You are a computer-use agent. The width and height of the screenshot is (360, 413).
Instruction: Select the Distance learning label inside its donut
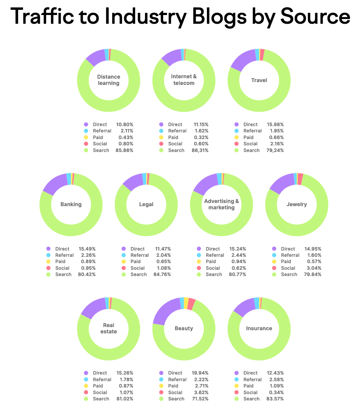[108, 80]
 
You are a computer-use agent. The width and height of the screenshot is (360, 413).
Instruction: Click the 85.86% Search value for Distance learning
[124, 150]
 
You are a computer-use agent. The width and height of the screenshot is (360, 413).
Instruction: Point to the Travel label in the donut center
[259, 80]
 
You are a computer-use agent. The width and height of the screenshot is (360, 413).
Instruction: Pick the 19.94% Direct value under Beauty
[200, 373]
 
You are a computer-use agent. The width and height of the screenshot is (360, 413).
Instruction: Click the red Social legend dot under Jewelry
[274, 268]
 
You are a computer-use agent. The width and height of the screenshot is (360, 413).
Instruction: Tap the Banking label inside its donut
[71, 204]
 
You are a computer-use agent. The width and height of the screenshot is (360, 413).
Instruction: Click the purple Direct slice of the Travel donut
[243, 59]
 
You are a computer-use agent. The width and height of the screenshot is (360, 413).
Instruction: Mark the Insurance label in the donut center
[259, 328]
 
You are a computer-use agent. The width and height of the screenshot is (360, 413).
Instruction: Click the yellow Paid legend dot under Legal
[124, 261]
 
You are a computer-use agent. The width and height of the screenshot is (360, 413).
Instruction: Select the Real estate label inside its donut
[108, 328]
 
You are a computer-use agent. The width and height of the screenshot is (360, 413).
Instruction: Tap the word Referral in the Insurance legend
[252, 379]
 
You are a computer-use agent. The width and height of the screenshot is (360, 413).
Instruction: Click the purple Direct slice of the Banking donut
[55, 184]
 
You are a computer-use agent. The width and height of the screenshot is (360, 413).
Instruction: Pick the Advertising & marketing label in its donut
[222, 204]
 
